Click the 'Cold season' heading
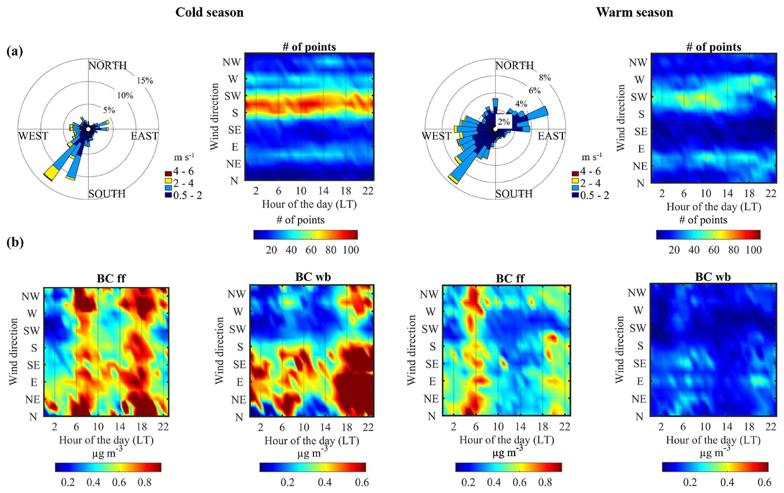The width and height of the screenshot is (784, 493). [x=209, y=12]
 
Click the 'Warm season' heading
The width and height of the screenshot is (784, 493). [x=634, y=12]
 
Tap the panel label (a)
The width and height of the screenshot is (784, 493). [x=15, y=51]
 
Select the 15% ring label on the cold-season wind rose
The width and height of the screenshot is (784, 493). [x=145, y=80]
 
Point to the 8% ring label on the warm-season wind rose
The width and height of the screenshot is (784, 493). [x=545, y=77]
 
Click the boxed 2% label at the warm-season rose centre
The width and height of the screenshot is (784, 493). [x=504, y=122]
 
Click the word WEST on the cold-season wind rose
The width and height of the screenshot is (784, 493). [x=33, y=136]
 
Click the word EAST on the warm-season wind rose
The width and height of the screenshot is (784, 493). [x=551, y=136]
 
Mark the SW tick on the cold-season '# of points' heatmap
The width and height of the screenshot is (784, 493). [x=232, y=96]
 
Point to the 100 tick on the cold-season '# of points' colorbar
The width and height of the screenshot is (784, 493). [x=351, y=250]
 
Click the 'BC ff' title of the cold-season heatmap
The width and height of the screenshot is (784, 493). [x=111, y=279]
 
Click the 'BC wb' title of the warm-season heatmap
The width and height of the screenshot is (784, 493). [x=713, y=277]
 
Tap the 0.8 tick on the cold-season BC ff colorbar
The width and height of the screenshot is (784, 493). [x=145, y=482]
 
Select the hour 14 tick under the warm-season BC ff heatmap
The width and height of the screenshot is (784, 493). [x=520, y=427]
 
